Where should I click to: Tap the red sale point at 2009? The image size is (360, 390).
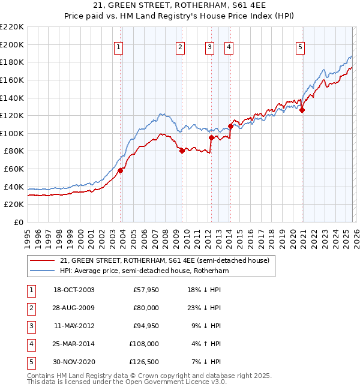[x=182, y=151]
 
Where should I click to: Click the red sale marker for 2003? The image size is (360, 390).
[x=120, y=170]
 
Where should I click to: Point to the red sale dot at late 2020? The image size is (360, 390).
[x=302, y=110]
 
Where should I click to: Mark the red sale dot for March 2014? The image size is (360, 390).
[x=230, y=126]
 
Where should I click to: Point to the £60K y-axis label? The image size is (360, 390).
[x=14, y=169]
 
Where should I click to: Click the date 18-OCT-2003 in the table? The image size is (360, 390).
[x=74, y=290]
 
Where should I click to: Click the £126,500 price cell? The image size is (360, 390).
[x=144, y=362]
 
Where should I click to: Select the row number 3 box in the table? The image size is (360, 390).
[x=30, y=326]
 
